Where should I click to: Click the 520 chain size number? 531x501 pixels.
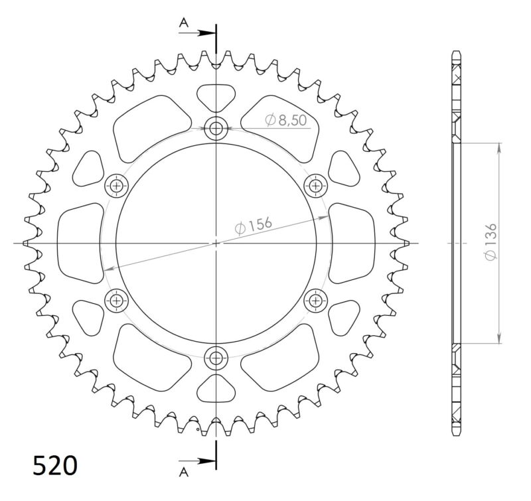56,466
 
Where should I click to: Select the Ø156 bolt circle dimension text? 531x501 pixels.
254,226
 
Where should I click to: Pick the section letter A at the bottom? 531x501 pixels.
184,472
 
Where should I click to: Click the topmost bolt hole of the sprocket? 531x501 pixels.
216,129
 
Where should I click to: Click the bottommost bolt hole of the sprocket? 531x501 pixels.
216,358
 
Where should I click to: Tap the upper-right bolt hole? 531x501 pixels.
315,186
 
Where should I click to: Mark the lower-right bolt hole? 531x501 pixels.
315,301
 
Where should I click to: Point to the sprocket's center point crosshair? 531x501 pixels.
216,244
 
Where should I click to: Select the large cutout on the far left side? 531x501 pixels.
80,244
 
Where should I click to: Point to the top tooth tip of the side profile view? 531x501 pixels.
456,52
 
